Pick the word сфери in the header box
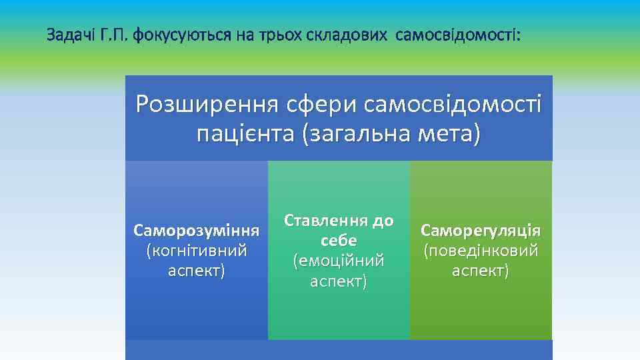(x=317, y=105)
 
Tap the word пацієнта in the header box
(x=245, y=133)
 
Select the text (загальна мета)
(x=390, y=133)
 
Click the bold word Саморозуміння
(x=196, y=231)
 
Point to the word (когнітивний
(x=196, y=251)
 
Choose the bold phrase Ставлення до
(x=339, y=221)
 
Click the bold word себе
(x=339, y=241)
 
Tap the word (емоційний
(x=339, y=261)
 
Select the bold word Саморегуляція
(x=480, y=231)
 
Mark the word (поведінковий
(x=480, y=251)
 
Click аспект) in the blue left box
(x=196, y=271)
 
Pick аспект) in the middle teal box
(x=339, y=281)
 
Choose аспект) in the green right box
(x=480, y=271)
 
